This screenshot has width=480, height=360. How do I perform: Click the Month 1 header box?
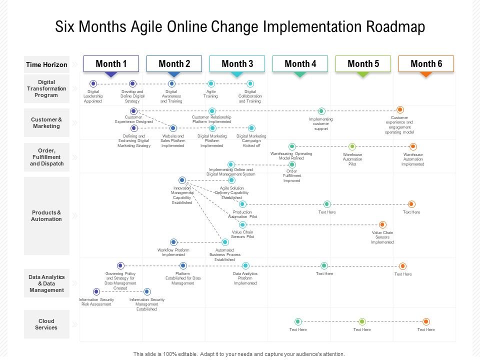[x=111, y=63]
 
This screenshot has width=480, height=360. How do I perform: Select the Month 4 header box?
[x=300, y=63]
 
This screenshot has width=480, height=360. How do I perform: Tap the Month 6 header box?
[x=426, y=63]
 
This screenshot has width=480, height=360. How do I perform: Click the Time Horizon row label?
[x=46, y=64]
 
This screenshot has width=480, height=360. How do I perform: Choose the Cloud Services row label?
[x=46, y=324]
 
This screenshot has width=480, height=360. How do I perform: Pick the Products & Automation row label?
[x=46, y=216]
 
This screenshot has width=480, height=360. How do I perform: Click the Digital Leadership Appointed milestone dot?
[x=93, y=84]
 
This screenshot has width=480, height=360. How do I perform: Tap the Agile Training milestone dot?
[x=211, y=84]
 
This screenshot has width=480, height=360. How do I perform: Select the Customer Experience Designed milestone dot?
[x=133, y=111]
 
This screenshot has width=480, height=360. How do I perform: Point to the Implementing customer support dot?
[x=321, y=111]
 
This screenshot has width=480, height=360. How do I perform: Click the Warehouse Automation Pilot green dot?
[x=352, y=146]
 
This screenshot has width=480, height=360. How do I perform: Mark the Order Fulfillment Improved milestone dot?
[x=292, y=164]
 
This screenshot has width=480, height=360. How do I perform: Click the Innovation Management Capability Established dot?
[x=182, y=180]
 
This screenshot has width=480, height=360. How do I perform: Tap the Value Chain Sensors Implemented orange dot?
[x=382, y=225]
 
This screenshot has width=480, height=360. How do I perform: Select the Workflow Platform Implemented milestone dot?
[x=173, y=242]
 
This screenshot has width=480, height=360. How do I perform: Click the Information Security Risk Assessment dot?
[x=96, y=291]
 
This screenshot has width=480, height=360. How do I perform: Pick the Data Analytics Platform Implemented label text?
[x=245, y=278]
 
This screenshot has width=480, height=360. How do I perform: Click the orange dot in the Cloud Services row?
[x=426, y=321]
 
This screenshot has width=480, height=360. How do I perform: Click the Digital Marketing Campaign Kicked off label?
[x=251, y=140]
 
